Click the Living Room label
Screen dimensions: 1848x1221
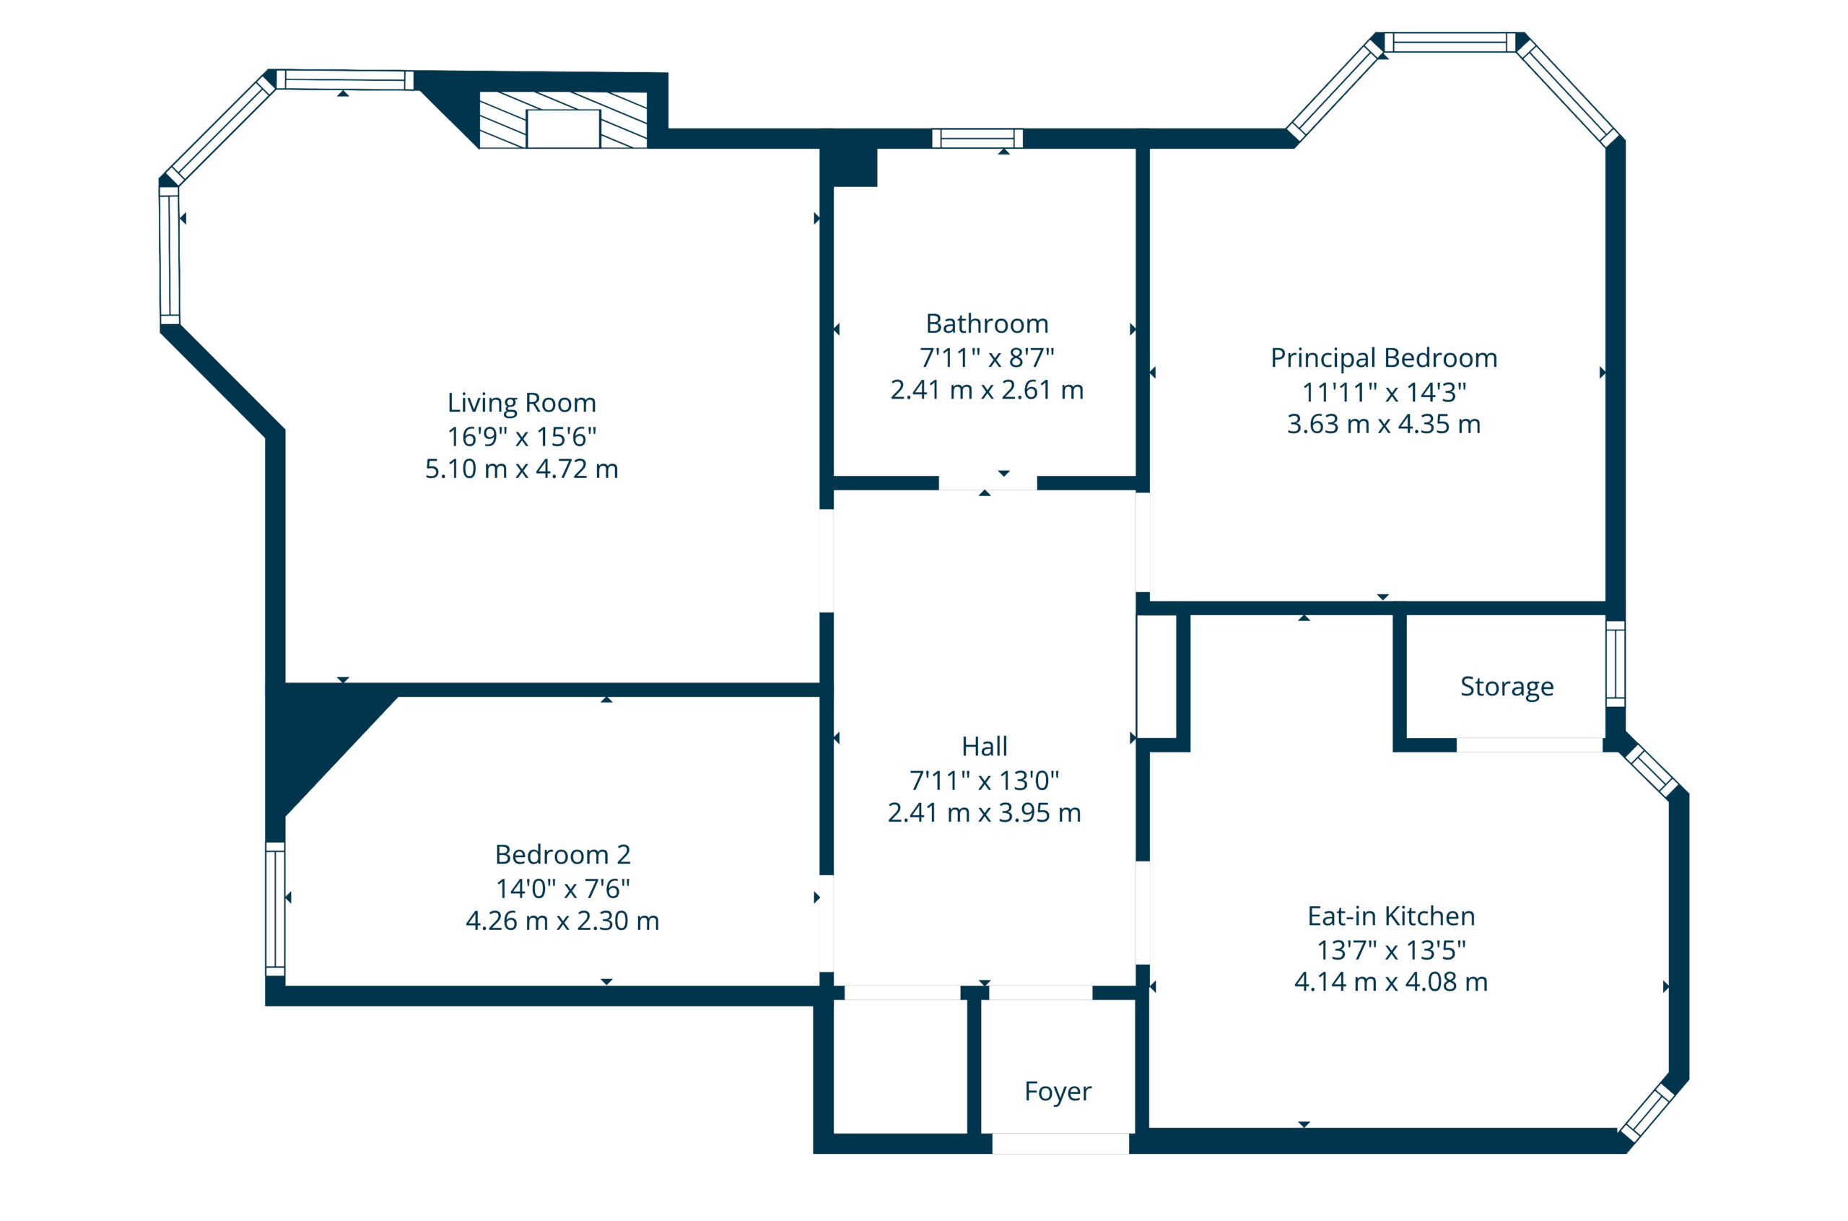[x=521, y=403]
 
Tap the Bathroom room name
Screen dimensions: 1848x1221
[x=987, y=323]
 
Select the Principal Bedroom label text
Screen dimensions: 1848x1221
[x=1384, y=357]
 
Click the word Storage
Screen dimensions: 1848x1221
[x=1507, y=686]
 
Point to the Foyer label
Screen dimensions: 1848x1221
[x=1058, y=1091]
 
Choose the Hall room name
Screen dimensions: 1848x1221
[x=985, y=746]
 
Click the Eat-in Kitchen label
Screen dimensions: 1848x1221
[x=1391, y=916]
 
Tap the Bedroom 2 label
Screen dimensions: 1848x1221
[x=563, y=854]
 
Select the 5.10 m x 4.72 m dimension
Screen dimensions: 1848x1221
[x=521, y=469]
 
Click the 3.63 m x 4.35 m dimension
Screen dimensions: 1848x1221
[x=1384, y=424]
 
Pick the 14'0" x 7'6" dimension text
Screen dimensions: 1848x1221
[x=563, y=887]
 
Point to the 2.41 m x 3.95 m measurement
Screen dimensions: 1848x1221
[x=985, y=812]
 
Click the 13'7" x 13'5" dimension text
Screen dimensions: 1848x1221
[x=1391, y=950]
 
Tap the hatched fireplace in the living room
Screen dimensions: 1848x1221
[x=563, y=120]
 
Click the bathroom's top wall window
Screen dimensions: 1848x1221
[x=977, y=139]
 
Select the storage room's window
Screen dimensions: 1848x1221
[x=1616, y=664]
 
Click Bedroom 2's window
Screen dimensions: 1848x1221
[x=276, y=909]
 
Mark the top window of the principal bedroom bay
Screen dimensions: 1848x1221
[x=1450, y=42]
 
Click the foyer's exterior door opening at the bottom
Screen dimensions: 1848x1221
[x=1060, y=1143]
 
